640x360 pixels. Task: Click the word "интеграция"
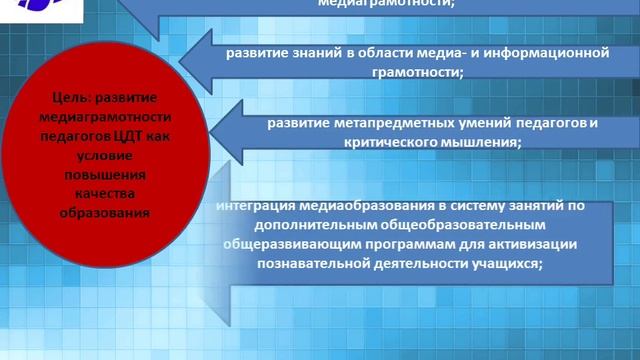(x=262, y=207)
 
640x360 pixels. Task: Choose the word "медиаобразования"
(x=375, y=207)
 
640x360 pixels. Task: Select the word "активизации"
(x=557, y=245)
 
